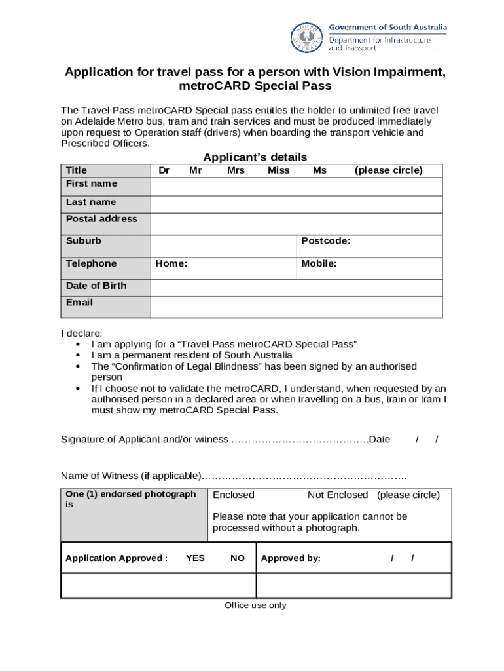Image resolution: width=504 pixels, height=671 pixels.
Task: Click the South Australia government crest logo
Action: pos(306,38)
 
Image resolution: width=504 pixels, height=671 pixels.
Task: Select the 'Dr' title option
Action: pos(164,170)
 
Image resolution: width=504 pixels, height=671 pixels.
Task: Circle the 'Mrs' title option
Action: pos(236,170)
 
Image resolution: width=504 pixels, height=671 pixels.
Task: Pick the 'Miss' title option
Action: pos(278,170)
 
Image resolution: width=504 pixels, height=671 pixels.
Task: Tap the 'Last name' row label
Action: pos(91,202)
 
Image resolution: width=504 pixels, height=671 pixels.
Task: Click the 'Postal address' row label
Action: pos(101,219)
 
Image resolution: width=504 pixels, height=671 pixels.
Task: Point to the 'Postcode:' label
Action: pos(325,241)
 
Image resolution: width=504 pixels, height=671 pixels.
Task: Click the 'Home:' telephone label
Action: pos(171,264)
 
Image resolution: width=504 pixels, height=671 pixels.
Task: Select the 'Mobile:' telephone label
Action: pos(319,264)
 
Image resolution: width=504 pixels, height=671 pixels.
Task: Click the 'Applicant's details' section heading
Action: pos(255,157)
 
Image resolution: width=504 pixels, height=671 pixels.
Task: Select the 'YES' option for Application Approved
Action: pos(195,558)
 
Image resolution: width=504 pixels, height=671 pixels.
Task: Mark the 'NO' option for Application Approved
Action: pos(238,558)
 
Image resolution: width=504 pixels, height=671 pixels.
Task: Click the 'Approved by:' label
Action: pos(291,558)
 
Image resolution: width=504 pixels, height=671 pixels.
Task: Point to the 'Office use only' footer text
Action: pos(255,605)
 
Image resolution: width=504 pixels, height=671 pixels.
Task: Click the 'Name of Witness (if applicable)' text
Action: pos(130,476)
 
